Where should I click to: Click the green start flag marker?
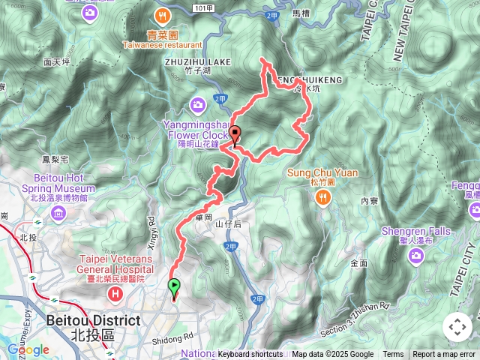click(174, 286)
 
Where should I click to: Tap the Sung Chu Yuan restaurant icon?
click(322, 196)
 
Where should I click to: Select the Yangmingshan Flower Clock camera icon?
click(198, 103)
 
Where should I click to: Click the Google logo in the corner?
click(28, 349)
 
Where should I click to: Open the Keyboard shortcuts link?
click(250, 355)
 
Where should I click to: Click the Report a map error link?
click(444, 355)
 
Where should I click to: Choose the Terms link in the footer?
click(393, 355)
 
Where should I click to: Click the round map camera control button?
click(457, 327)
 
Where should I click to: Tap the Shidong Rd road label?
click(177, 337)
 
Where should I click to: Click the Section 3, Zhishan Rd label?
click(356, 306)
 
